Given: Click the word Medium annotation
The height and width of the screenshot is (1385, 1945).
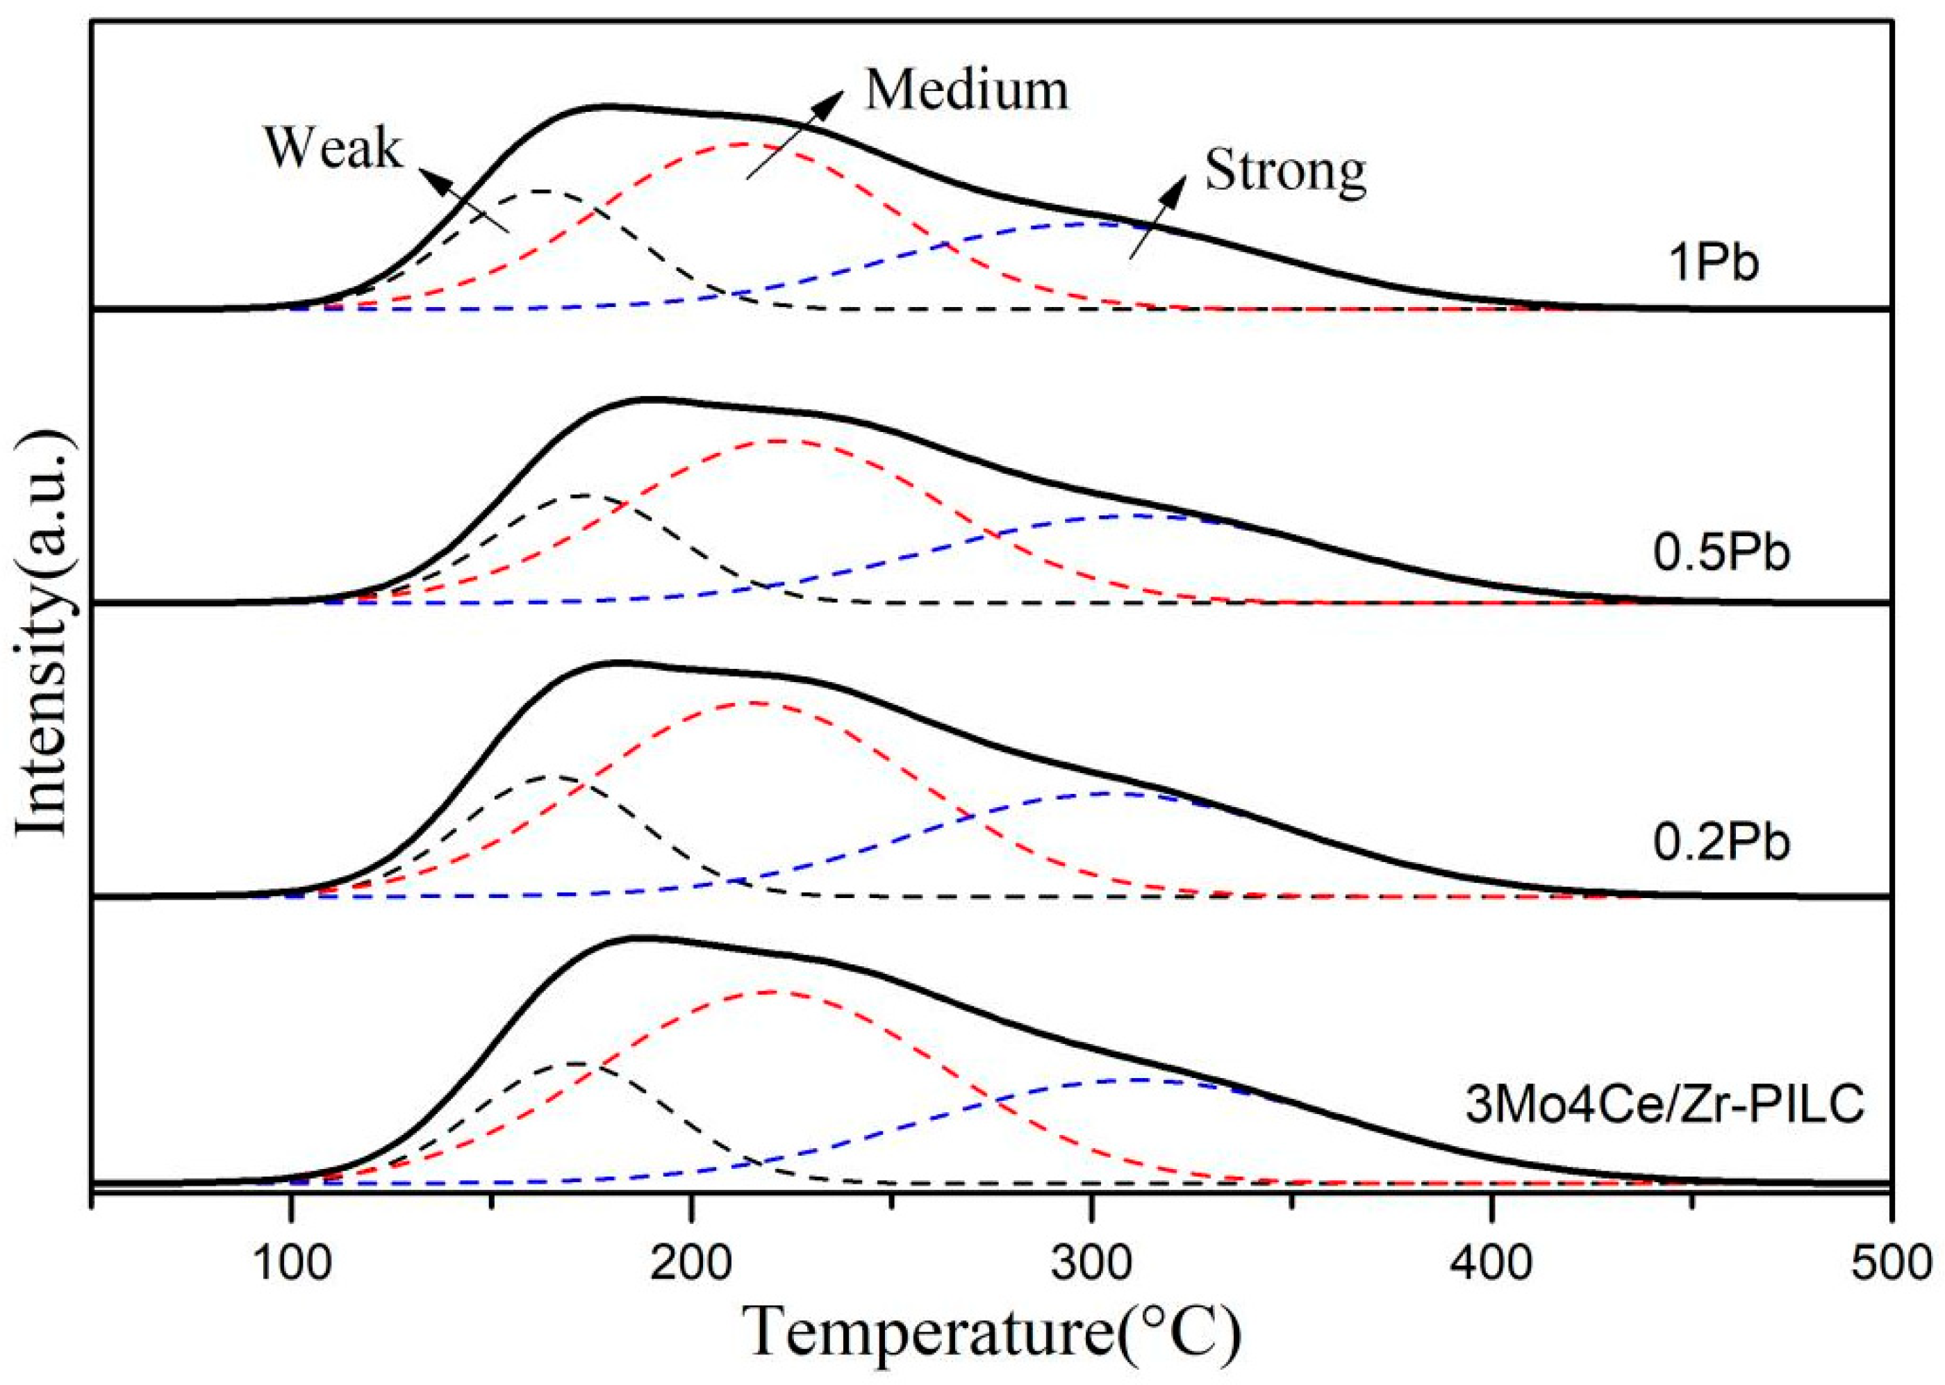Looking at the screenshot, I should click(x=966, y=90).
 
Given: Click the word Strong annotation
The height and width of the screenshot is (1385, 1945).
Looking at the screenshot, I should click(x=1285, y=171).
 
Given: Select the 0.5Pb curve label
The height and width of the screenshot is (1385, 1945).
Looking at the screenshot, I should click(x=1721, y=554).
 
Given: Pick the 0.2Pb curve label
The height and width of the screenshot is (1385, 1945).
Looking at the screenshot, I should click(x=1721, y=843).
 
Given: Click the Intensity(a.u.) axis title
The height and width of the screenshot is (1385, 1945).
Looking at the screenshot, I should click(x=42, y=631).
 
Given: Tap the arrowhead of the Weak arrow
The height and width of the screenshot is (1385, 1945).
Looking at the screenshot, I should click(x=436, y=180).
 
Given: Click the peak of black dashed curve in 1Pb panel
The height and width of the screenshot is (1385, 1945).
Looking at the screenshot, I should click(x=540, y=191).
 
